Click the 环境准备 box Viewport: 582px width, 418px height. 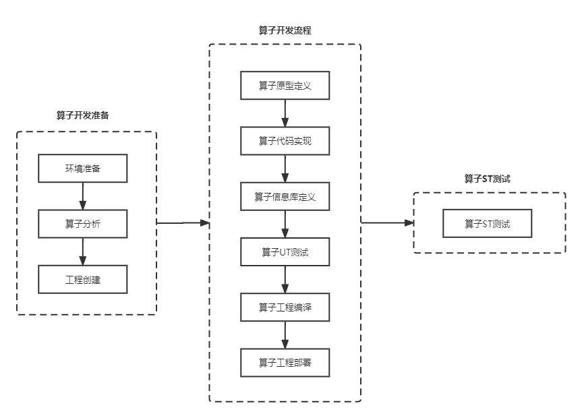(x=83, y=169)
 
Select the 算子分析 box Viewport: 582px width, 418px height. (x=83, y=224)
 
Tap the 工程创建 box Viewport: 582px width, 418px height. (x=83, y=280)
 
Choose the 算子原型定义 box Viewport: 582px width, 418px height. (x=285, y=86)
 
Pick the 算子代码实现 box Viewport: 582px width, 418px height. (x=285, y=141)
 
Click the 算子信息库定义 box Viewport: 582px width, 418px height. (x=285, y=196)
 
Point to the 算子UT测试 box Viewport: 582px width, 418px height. (x=285, y=252)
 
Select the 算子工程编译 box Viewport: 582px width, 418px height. (x=285, y=307)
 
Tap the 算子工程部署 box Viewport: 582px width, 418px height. (x=285, y=363)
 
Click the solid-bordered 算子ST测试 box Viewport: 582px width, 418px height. (x=488, y=223)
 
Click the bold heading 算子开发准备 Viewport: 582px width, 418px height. (x=83, y=115)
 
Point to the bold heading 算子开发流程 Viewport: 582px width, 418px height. (x=285, y=30)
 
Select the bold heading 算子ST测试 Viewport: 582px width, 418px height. (x=488, y=179)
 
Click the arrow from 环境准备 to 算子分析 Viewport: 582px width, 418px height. (x=83, y=196)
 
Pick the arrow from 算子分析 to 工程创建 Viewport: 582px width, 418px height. (x=83, y=251)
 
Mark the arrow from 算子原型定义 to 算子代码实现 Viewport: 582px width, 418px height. (x=285, y=113)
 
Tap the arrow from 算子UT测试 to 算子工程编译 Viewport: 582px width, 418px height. (x=285, y=280)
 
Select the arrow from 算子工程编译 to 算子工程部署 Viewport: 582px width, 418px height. (x=285, y=335)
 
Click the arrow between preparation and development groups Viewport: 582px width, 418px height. (x=183, y=222)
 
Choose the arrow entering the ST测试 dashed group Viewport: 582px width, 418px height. (x=388, y=222)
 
